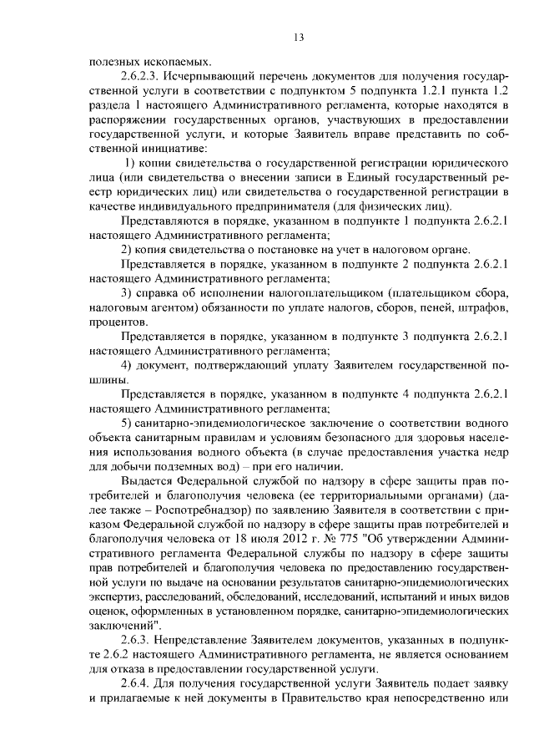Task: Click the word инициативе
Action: [118, 146]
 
